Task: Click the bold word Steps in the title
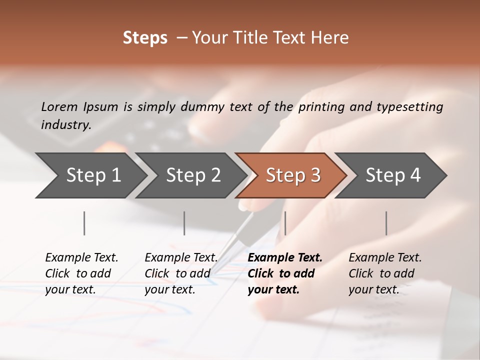tap(145, 38)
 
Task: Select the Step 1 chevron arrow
tap(90, 175)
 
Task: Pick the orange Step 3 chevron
tap(292, 175)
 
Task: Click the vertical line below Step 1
tap(84, 223)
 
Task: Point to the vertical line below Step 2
tap(184, 223)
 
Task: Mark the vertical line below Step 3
tap(285, 223)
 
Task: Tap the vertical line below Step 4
tap(386, 223)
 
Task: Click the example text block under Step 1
tap(81, 273)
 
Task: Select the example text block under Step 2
tap(181, 273)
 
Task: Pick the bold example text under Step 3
tap(285, 273)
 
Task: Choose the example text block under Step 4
tap(385, 273)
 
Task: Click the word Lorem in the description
tap(59, 106)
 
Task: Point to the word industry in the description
tap(66, 124)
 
